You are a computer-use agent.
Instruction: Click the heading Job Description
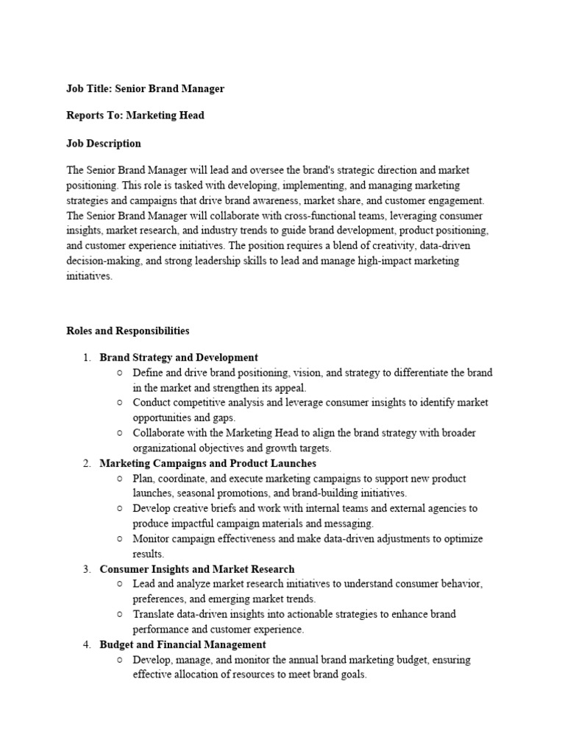coord(104,144)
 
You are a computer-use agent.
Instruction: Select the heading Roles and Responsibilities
coord(127,331)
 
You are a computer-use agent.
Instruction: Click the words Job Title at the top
coord(88,88)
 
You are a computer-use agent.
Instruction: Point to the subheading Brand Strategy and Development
coord(179,358)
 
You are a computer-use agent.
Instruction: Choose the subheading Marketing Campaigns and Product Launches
coord(207,463)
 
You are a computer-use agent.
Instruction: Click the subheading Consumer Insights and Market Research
coord(196,569)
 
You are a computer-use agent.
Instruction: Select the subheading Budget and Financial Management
coord(182,644)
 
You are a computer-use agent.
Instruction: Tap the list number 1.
coord(86,358)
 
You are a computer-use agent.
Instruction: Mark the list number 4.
coord(86,644)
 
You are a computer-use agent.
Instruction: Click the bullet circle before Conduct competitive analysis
coord(119,403)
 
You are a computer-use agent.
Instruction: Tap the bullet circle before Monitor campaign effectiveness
coord(119,539)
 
